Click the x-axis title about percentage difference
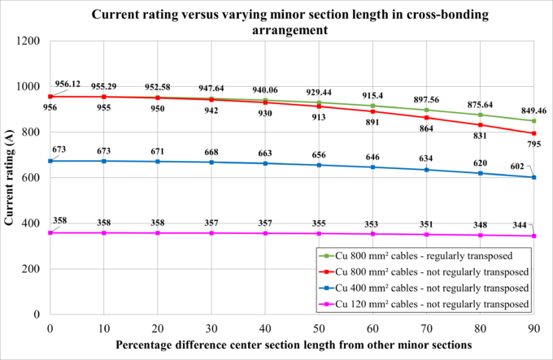(x=292, y=345)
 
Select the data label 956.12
(x=69, y=83)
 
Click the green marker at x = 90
(x=533, y=121)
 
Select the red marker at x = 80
(x=480, y=124)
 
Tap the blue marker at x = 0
(x=50, y=161)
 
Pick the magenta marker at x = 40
(x=265, y=233)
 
